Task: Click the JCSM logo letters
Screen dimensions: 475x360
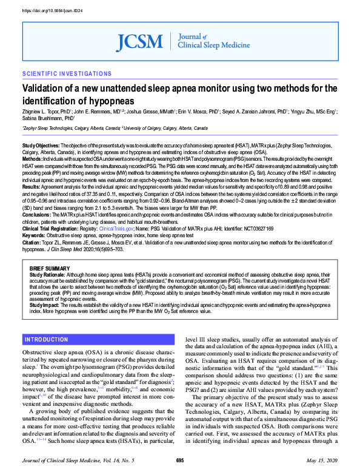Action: [140, 41]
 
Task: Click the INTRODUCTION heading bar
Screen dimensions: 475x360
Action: [47, 339]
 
